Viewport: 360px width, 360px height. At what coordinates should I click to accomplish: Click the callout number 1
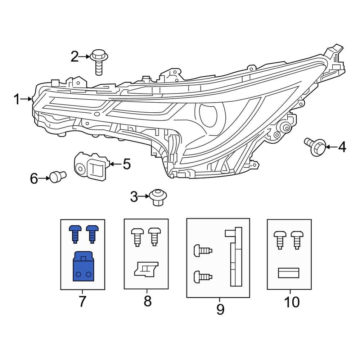(x=17, y=99)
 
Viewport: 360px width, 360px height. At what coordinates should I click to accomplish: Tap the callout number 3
(x=134, y=197)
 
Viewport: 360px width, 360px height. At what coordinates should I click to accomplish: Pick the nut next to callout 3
(x=157, y=197)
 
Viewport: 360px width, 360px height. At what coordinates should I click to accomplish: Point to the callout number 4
(x=342, y=147)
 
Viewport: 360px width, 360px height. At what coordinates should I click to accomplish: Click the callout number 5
(x=126, y=164)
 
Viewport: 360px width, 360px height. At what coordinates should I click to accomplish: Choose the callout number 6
(x=34, y=178)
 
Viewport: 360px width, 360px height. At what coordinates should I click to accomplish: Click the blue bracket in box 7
(x=82, y=266)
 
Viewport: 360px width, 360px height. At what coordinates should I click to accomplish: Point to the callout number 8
(x=148, y=301)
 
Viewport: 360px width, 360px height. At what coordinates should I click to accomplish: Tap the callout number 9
(x=220, y=309)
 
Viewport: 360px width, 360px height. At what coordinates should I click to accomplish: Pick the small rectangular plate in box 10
(x=289, y=273)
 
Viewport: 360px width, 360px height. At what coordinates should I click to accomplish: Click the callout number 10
(x=291, y=302)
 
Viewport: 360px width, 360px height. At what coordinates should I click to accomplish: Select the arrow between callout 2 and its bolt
(x=85, y=57)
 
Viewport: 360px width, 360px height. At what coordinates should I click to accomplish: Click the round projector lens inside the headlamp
(x=208, y=114)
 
